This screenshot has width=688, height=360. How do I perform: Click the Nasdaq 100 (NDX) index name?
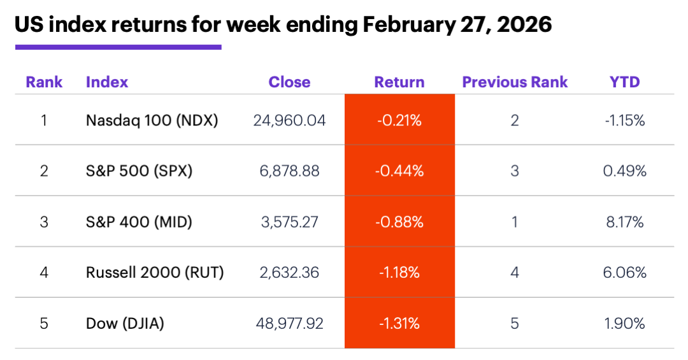pos(152,120)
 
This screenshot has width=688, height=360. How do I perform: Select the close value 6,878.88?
pos(289,171)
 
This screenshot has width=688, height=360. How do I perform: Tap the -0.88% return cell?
pos(399,222)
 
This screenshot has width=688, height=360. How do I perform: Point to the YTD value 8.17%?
pos(625,222)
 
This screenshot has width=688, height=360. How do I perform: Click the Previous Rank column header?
pos(515,82)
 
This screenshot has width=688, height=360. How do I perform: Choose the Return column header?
pos(399,82)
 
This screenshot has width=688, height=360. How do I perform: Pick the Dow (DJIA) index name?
pos(125,324)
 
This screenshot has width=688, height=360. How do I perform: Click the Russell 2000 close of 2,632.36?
pos(289,273)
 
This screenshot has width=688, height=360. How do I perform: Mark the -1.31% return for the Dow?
pos(399,324)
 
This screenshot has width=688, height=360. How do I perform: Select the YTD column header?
pos(625,82)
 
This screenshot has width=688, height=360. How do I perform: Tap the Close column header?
pos(289,82)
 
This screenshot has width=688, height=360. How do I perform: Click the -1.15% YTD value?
pos(625,120)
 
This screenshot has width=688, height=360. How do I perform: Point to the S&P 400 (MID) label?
pos(139,222)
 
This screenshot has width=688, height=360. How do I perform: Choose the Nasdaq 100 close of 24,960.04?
pos(289,120)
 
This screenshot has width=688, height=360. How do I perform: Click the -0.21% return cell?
pos(399,120)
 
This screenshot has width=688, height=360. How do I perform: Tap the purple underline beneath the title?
pos(118,47)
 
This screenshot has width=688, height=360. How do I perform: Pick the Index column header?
pos(107,82)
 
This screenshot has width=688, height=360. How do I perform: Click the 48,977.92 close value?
pos(289,324)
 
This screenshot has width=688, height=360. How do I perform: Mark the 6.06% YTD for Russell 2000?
pos(625,273)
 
